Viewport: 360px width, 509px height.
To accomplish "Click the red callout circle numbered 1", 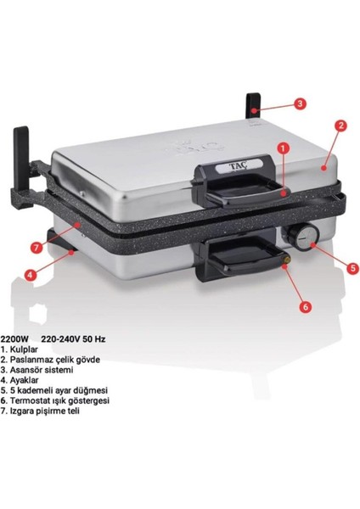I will (x=283, y=146).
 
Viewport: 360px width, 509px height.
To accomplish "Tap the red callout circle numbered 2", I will (x=340, y=125).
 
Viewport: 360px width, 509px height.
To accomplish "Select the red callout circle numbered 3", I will (x=300, y=103).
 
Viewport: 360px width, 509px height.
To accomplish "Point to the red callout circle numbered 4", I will (x=30, y=274).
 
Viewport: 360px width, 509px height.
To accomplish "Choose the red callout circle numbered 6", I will (x=306, y=307).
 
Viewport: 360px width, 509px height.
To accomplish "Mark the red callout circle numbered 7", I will (x=36, y=247).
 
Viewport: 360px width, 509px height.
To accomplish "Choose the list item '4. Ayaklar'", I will (x=23, y=381).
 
